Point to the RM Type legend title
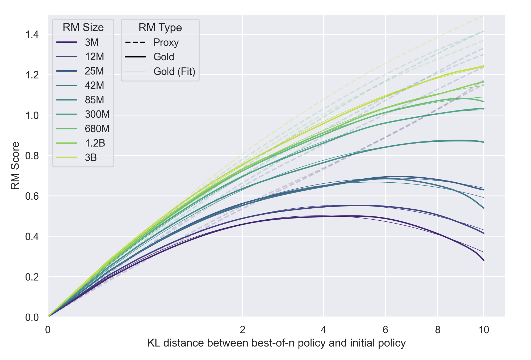click(160, 28)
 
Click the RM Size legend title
click(83, 28)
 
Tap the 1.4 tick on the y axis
click(32, 35)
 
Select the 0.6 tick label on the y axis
click(32, 196)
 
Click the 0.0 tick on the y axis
click(32, 317)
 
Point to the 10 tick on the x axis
click(484, 330)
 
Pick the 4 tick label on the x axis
click(323, 330)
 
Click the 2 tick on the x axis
click(242, 330)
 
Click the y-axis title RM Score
click(15, 166)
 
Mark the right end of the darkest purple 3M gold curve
click(483, 260)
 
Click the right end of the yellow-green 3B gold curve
click(483, 66)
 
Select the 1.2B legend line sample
click(67, 143)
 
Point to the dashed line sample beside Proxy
click(135, 43)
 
